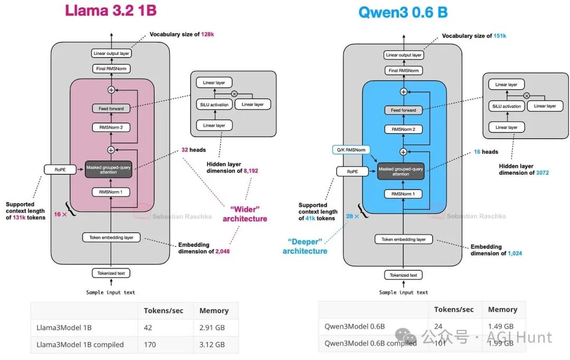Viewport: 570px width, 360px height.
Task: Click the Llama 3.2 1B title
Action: [x=110, y=11]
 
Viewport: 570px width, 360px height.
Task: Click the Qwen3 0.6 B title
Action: [x=403, y=12]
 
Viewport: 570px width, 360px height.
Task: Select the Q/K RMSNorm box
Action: [x=351, y=150]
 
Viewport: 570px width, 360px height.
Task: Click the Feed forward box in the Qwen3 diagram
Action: [x=403, y=110]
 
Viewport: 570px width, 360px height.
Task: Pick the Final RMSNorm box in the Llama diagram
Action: [x=111, y=69]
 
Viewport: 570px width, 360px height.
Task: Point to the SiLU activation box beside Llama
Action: [x=214, y=105]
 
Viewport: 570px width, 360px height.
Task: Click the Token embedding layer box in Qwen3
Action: [x=403, y=239]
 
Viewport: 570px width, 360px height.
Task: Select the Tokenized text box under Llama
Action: [x=111, y=273]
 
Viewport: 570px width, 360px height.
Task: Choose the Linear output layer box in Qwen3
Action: [x=403, y=55]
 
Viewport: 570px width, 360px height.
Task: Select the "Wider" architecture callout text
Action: [x=245, y=214]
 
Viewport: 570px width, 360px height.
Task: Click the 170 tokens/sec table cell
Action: [x=149, y=345]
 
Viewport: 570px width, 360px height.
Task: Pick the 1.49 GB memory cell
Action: [x=500, y=326]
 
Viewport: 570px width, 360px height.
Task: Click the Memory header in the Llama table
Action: [x=214, y=310]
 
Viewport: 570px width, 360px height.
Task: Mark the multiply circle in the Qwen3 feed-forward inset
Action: [x=526, y=96]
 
